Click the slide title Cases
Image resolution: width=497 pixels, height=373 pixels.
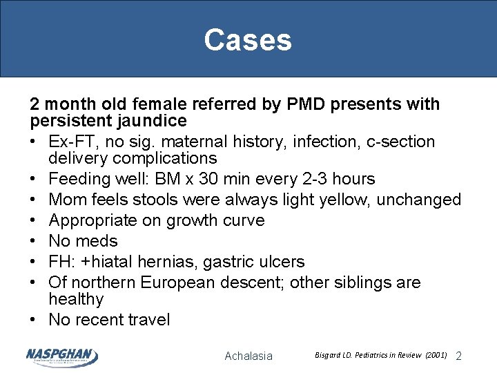click(248, 40)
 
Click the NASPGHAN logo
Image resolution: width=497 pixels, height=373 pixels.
click(61, 356)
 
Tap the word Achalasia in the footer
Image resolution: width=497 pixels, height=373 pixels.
click(248, 356)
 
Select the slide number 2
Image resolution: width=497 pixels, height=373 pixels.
click(459, 356)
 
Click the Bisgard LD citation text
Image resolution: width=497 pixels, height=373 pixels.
click(380, 355)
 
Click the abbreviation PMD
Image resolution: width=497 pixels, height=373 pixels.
click(302, 104)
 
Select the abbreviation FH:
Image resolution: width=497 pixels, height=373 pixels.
click(62, 262)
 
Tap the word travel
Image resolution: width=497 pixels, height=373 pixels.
click(144, 320)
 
